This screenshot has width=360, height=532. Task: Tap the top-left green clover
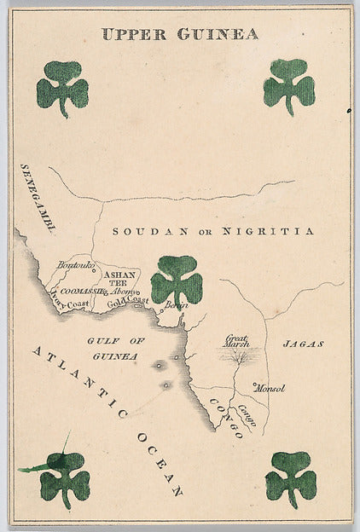tap(62, 88)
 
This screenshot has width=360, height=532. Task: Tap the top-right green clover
tap(289, 86)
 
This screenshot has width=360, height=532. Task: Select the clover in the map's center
tap(177, 280)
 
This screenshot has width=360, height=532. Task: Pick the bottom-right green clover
tap(291, 479)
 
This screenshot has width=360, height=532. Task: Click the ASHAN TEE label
tap(119, 279)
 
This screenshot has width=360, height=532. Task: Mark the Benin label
tap(176, 305)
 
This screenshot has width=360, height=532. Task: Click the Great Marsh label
tap(236, 342)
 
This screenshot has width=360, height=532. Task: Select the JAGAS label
tap(304, 344)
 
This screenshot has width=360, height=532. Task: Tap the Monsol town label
tap(270, 388)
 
